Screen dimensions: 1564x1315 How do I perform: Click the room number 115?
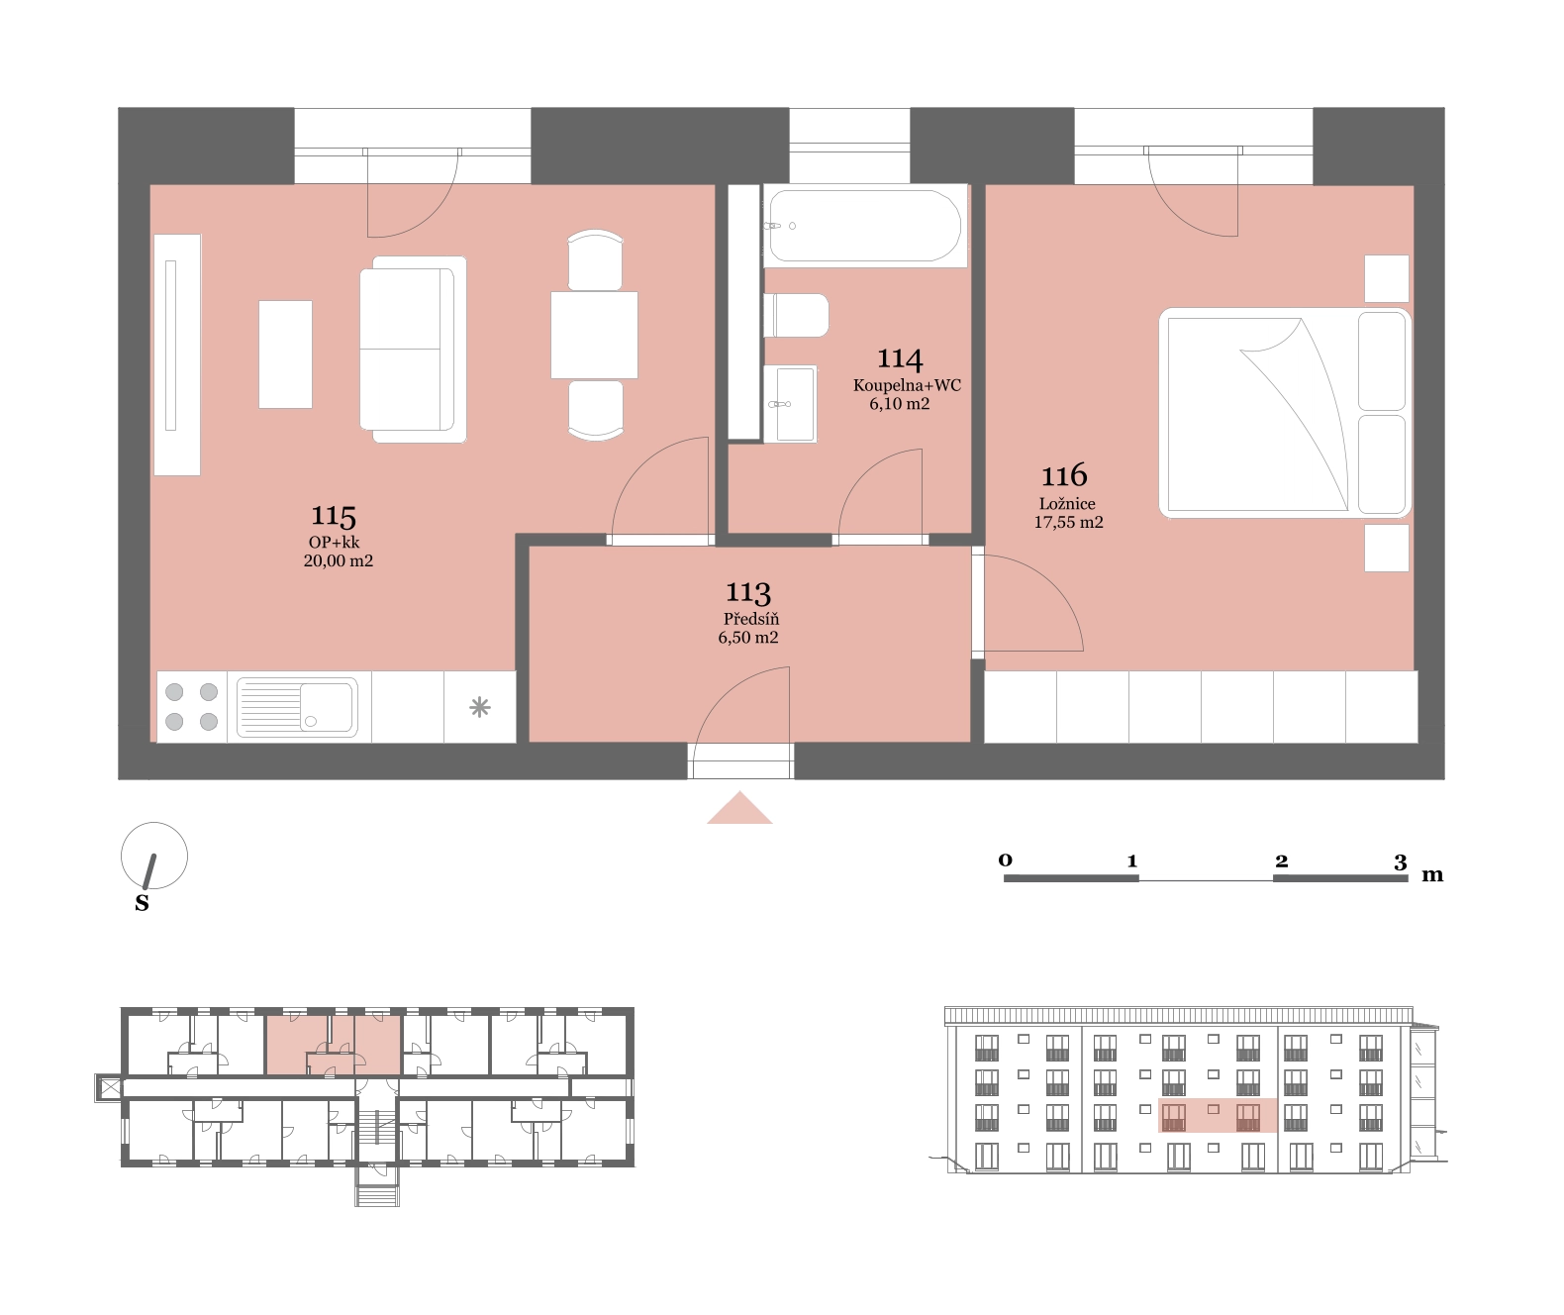334,516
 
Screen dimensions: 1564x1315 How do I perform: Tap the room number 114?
900,358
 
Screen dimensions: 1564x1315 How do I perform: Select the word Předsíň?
750,619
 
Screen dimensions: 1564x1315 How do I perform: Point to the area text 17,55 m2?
1068,522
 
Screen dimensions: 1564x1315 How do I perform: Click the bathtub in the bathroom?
865,226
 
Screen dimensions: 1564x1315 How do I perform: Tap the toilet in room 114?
796,316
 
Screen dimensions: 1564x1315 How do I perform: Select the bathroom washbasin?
790,404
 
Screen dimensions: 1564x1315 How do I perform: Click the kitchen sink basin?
326,707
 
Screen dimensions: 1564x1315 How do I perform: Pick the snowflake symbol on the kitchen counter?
479,707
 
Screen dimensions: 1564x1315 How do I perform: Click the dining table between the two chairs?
594,335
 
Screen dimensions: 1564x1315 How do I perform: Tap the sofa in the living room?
413,350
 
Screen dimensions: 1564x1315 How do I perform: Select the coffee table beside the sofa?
285,354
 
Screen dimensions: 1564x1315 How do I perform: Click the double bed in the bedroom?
1285,413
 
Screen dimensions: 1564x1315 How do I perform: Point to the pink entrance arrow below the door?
739,808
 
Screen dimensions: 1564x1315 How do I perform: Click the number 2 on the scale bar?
1281,860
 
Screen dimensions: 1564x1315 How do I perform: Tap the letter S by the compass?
142,903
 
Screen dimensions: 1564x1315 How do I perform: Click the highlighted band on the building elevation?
1218,1115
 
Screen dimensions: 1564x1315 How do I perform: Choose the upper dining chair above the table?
595,260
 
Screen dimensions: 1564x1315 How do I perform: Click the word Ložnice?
1067,503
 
